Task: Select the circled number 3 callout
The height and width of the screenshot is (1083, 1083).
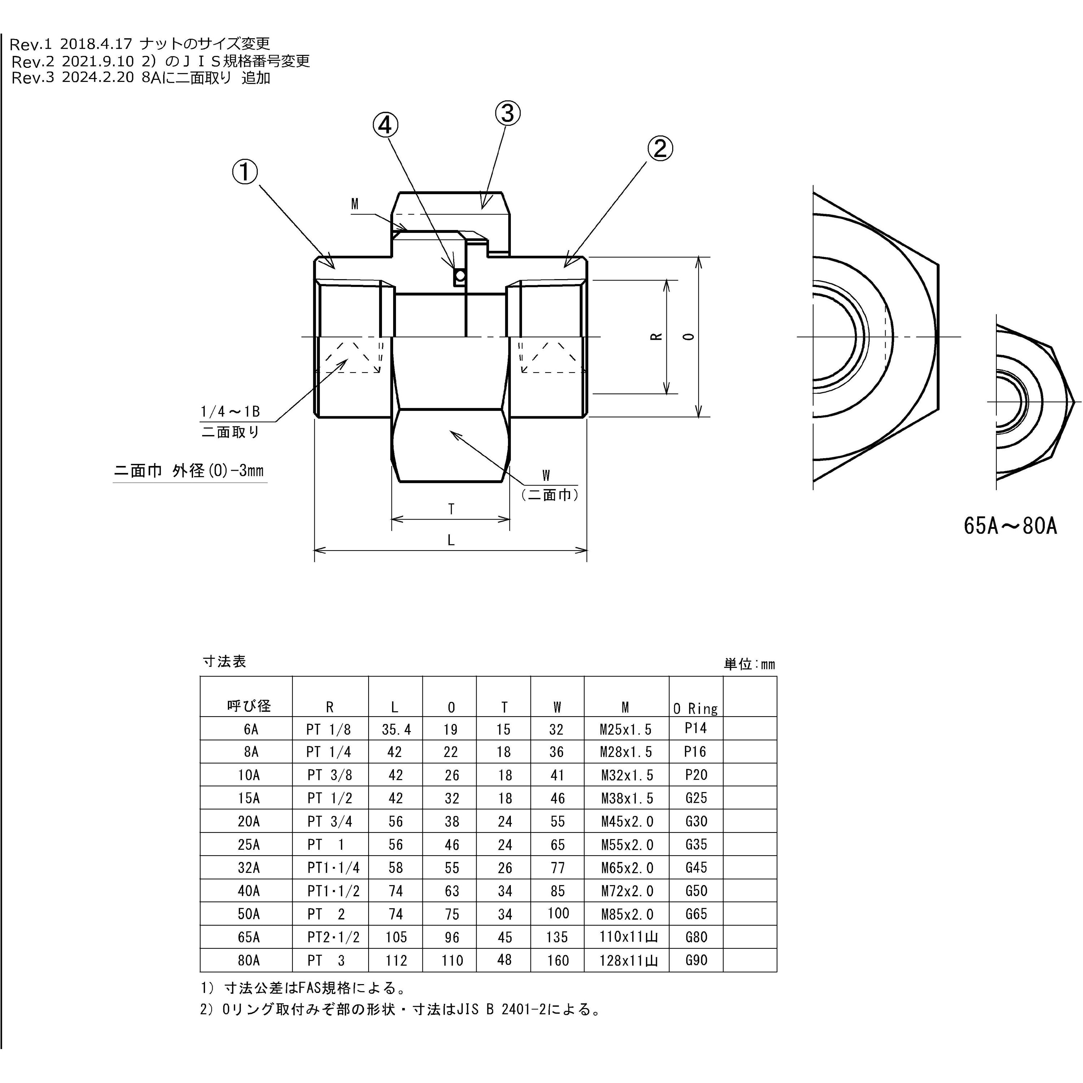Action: click(x=507, y=113)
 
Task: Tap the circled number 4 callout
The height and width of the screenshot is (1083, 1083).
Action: click(x=386, y=126)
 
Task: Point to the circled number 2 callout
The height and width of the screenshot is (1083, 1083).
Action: click(x=660, y=148)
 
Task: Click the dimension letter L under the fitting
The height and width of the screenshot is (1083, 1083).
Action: click(x=451, y=540)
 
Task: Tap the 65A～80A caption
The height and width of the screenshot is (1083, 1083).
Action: click(x=1010, y=526)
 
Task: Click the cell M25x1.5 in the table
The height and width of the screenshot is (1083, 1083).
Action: click(x=626, y=729)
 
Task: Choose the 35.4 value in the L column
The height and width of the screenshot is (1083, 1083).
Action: click(x=396, y=729)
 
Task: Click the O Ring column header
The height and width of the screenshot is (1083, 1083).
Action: click(x=695, y=709)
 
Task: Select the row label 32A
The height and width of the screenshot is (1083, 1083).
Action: click(x=249, y=868)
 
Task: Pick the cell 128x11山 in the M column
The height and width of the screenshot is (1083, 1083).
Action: click(x=628, y=961)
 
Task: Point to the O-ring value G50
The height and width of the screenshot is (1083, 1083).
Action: click(x=696, y=891)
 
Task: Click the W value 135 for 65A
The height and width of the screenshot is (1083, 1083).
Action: click(x=557, y=937)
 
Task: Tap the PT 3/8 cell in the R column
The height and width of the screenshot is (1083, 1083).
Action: click(x=330, y=775)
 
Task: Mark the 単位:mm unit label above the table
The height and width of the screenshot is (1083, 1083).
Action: click(x=749, y=664)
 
